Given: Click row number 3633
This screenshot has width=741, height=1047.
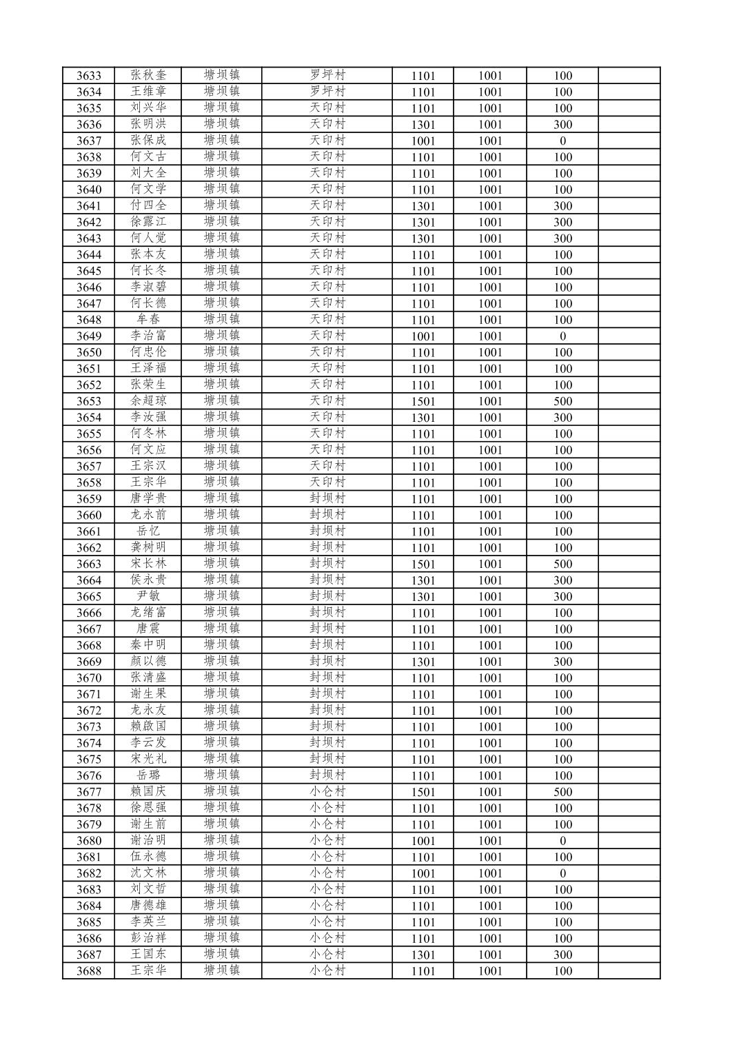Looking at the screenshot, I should point(88,76).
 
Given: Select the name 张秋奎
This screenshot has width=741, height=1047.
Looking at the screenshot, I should point(148,75).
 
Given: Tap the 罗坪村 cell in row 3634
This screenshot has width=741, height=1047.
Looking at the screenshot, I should point(327,92).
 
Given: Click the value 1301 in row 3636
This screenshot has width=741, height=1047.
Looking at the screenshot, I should point(423,125).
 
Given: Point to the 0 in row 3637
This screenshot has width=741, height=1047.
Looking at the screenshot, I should point(562,141).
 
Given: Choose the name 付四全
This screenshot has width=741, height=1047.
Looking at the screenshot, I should point(148,205).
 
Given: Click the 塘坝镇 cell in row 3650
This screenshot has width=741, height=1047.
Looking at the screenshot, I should point(221,352).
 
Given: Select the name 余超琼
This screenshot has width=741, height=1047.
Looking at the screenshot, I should point(148,401).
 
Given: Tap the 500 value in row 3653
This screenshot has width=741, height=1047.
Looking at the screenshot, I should point(562,401).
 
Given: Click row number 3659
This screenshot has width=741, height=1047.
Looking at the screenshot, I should point(88,499).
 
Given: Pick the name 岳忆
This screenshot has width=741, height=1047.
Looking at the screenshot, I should point(148,531).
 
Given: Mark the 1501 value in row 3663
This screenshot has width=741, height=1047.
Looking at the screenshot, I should point(423,564).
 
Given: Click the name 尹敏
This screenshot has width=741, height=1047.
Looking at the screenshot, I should point(148,596).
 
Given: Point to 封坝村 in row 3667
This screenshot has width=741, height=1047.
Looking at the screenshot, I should point(327,629).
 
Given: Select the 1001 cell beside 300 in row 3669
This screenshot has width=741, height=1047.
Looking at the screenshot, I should point(490,662).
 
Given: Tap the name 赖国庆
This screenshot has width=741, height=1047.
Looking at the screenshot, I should point(148,792).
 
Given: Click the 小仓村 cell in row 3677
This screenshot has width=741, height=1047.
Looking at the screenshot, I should point(327,792).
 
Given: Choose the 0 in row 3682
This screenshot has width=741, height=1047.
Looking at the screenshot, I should point(562,873).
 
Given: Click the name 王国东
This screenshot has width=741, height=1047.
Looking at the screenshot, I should point(148,955).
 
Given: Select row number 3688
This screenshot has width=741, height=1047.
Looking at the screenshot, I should point(88,971).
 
